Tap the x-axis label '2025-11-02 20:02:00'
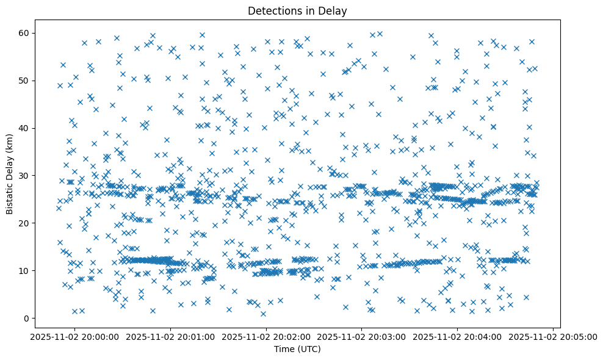[x=266, y=336]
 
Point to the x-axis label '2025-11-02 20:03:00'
[x=362, y=336]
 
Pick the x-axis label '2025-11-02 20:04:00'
[x=457, y=336]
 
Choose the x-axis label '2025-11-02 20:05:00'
[x=553, y=336]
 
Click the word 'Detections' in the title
[x=272, y=10]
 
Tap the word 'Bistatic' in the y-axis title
[x=10, y=196]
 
